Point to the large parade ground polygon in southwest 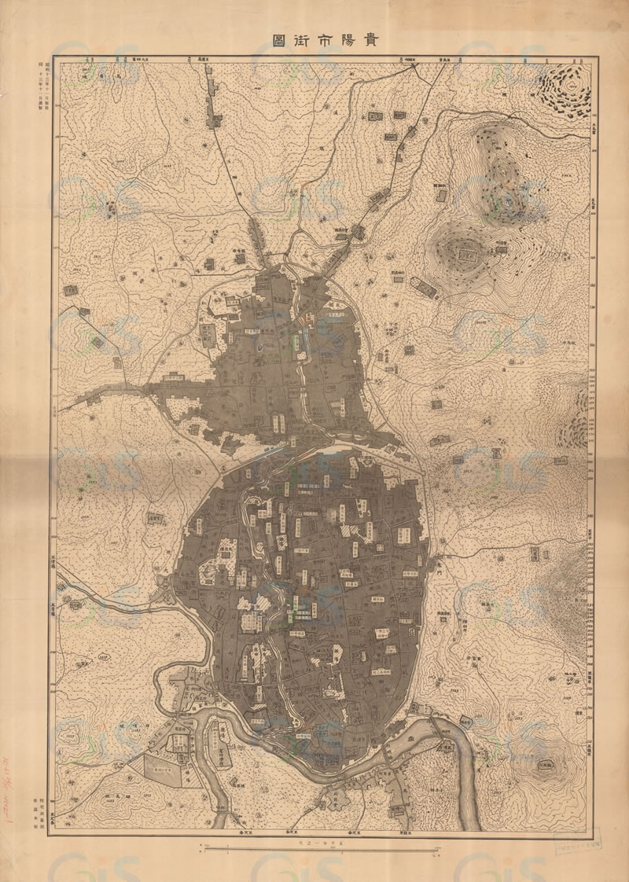point(163,768)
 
